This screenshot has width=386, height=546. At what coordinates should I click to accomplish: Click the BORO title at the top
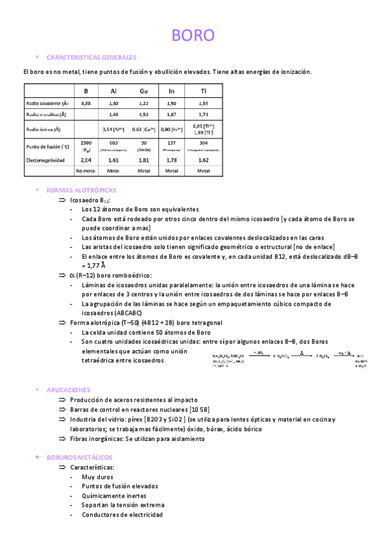point(193,35)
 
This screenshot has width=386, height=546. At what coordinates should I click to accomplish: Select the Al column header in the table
point(114,91)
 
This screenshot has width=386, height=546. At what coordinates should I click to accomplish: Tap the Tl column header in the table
point(203,91)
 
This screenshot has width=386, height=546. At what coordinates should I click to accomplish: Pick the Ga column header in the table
point(144,91)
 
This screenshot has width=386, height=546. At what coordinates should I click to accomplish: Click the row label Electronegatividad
point(45,159)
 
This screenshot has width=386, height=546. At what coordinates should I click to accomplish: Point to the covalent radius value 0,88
point(86,103)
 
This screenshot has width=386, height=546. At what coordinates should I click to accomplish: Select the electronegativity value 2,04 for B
point(86,159)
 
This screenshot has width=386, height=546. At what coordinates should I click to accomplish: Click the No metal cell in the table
point(86,171)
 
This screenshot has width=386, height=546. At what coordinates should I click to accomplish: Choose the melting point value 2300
point(86,142)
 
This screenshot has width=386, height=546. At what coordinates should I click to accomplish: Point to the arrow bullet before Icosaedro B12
point(62,200)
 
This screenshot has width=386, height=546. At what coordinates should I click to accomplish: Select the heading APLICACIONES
point(68,390)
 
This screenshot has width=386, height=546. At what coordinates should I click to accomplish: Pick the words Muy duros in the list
point(97,476)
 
